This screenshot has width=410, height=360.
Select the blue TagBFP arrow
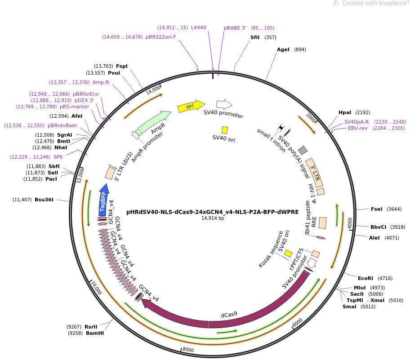(x=103, y=198)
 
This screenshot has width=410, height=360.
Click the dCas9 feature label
(x=229, y=315)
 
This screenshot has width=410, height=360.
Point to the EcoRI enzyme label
(x=365, y=278)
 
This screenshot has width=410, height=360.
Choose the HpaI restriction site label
(x=345, y=112)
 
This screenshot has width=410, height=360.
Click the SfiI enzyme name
(x=255, y=37)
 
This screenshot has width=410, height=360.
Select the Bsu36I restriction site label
(x=44, y=200)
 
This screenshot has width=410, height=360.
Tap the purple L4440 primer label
(x=199, y=27)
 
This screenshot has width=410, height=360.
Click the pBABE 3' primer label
(x=235, y=28)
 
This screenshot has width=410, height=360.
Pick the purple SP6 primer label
(x=58, y=157)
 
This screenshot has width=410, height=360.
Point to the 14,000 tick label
(x=154, y=90)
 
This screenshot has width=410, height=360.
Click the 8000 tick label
(x=188, y=350)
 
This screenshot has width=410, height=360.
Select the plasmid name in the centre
(x=213, y=212)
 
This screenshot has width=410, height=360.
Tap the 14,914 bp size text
(x=213, y=218)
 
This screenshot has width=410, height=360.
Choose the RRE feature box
(x=322, y=222)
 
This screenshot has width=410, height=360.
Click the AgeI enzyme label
(x=283, y=49)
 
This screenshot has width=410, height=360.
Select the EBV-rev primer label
(x=357, y=128)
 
